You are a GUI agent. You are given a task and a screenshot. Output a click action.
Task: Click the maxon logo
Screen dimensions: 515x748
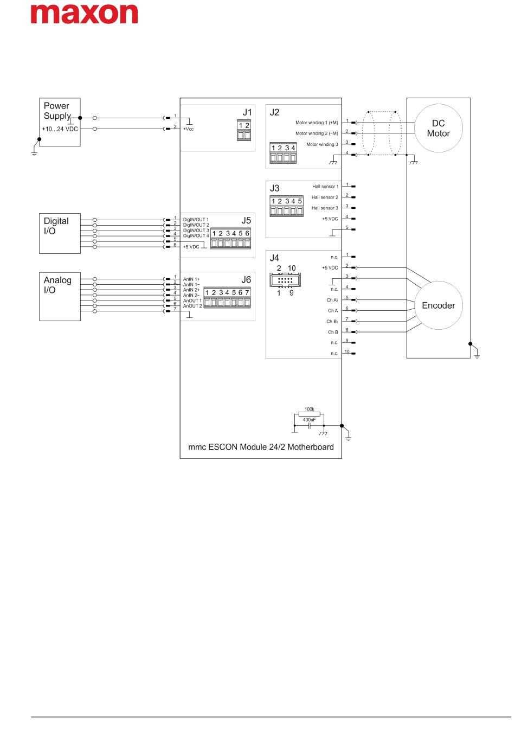tap(84, 14)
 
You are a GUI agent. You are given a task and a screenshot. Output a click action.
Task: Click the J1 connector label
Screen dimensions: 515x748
tap(247, 112)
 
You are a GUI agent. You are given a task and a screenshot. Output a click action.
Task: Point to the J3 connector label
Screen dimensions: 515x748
tap(274, 188)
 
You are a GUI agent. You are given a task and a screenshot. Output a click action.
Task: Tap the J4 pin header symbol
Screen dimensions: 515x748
tap(285, 280)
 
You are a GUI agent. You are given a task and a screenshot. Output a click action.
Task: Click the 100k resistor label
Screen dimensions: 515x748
tap(309, 409)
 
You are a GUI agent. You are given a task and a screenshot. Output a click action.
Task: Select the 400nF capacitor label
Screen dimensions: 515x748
tap(309, 419)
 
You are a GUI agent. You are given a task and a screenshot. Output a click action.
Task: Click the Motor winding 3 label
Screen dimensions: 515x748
tap(322, 144)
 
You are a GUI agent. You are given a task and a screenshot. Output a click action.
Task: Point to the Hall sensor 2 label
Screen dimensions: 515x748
tap(325, 197)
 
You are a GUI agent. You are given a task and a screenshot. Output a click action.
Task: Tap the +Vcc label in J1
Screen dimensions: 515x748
tap(188, 129)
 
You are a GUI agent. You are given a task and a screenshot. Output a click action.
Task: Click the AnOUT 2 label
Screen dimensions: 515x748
tap(192, 306)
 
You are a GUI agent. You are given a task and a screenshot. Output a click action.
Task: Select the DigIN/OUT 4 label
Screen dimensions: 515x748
tap(196, 236)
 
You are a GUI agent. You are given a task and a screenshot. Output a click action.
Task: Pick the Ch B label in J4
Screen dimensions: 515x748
tap(333, 332)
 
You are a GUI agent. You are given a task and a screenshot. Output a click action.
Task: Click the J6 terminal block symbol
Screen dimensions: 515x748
tap(227, 298)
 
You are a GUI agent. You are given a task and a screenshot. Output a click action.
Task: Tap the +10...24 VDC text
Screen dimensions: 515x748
tap(60, 129)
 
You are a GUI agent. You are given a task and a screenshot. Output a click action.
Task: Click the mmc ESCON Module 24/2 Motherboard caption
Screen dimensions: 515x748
tap(261, 447)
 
